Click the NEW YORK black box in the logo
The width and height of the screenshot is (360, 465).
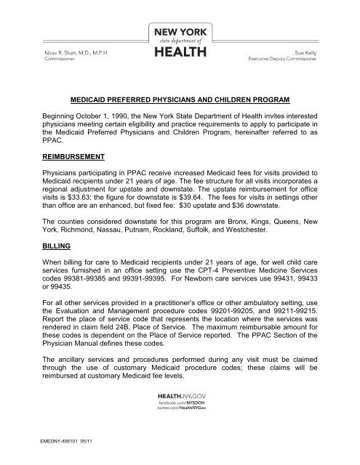[180, 33]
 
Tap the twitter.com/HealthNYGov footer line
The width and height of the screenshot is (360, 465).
[180, 428]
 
